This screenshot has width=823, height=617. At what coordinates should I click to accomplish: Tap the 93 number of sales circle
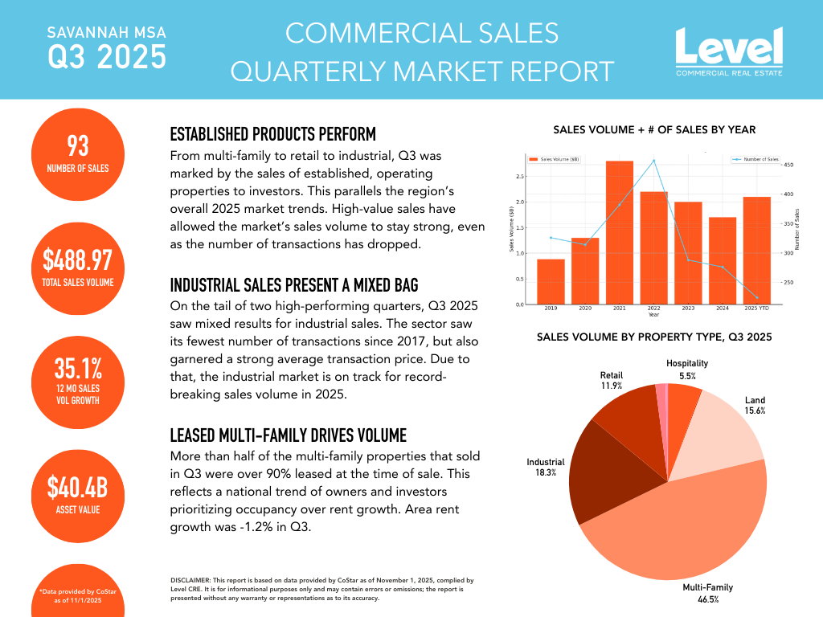point(78,153)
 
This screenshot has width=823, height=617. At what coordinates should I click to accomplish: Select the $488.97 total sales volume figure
point(78,260)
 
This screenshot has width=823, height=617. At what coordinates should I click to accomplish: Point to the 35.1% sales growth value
point(78,369)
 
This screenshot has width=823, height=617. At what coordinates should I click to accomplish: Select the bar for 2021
point(620,232)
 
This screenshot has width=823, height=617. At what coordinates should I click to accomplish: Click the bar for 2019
point(551,281)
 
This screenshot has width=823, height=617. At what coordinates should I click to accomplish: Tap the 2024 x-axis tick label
point(723,308)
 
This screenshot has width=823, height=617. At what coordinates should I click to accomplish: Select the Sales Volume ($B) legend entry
point(555,160)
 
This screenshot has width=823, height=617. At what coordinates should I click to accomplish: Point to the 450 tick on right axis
point(789,165)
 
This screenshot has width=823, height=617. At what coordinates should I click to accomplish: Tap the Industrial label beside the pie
point(546,462)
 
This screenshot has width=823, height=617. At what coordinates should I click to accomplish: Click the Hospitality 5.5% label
point(687,370)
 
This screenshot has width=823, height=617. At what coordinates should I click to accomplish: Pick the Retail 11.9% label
point(611,380)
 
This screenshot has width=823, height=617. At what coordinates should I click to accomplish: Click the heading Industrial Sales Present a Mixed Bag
point(294,285)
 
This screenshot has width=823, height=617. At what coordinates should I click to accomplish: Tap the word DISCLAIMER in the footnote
point(190,580)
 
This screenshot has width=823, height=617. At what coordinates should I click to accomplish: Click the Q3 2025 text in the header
point(107,58)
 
